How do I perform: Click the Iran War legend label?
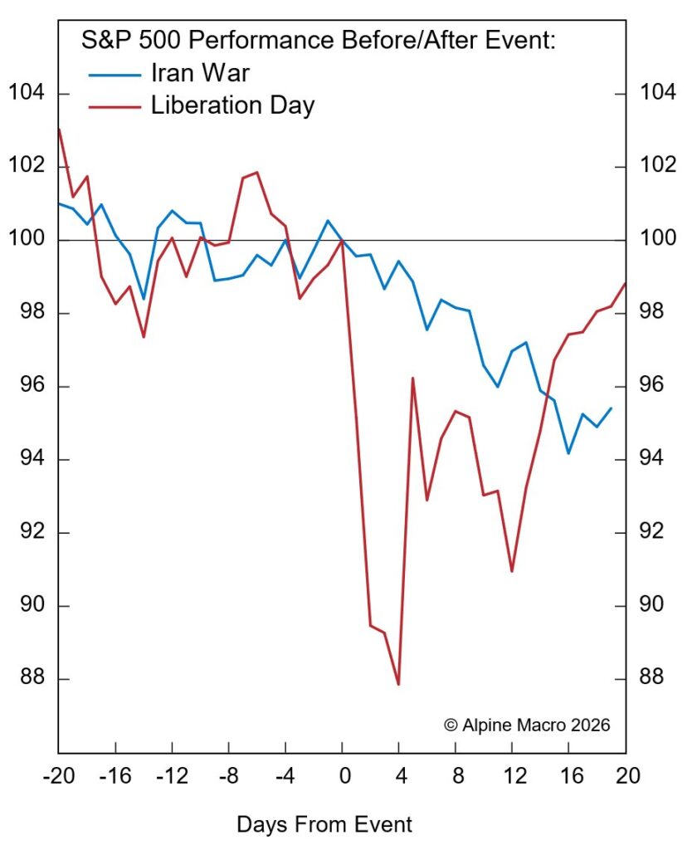tap(200, 73)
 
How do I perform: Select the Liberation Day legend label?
tap(232, 105)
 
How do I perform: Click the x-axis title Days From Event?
tap(324, 824)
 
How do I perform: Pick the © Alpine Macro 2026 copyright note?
tap(527, 725)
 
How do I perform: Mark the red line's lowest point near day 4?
tap(398, 685)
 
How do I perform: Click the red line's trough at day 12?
tap(512, 571)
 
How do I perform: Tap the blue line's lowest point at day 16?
tap(568, 453)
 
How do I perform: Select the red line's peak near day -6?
tap(257, 173)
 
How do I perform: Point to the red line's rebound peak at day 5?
tap(412, 379)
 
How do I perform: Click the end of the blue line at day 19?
tap(612, 408)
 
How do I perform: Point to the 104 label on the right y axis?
tap(658, 94)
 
